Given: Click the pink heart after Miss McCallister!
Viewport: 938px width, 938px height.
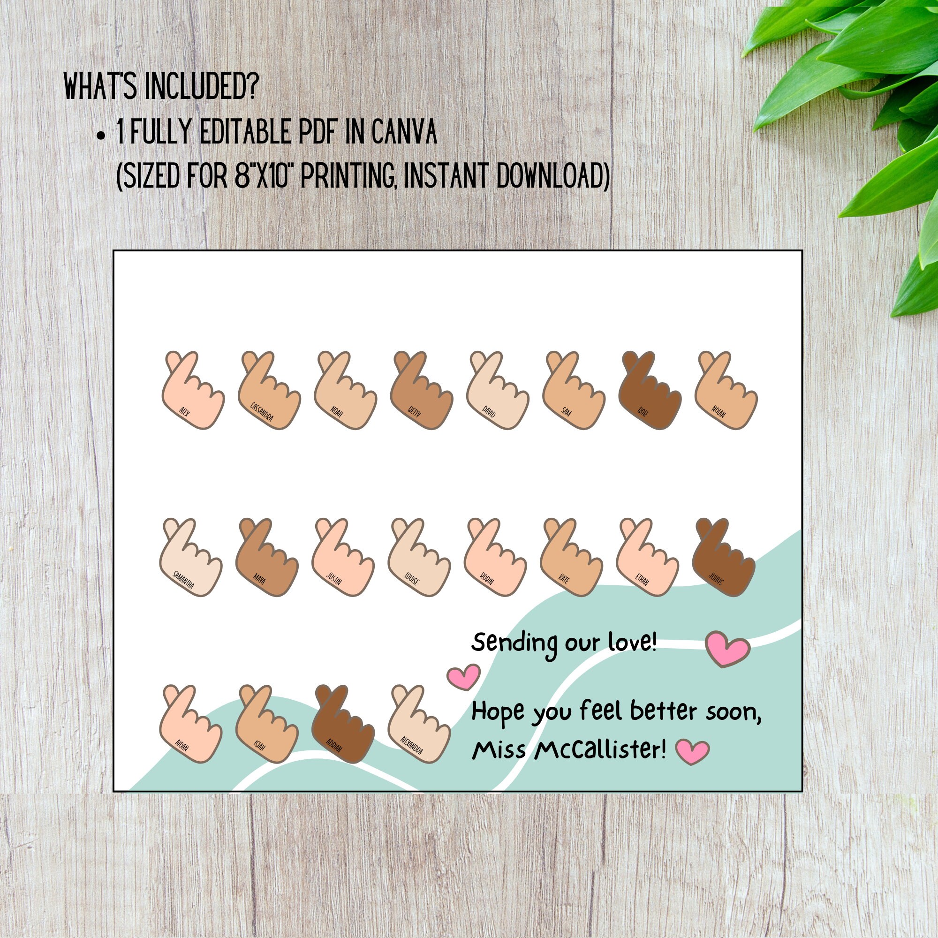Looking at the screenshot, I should pyautogui.click(x=692, y=751).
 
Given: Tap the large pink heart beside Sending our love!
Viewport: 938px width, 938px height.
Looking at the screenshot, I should pyautogui.click(x=727, y=648).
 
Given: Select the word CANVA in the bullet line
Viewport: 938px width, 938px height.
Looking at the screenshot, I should pyautogui.click(x=404, y=132).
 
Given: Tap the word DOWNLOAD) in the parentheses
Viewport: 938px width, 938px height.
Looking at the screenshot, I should pyautogui.click(x=553, y=175).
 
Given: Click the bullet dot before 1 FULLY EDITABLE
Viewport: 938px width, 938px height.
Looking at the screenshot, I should pyautogui.click(x=100, y=136).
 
